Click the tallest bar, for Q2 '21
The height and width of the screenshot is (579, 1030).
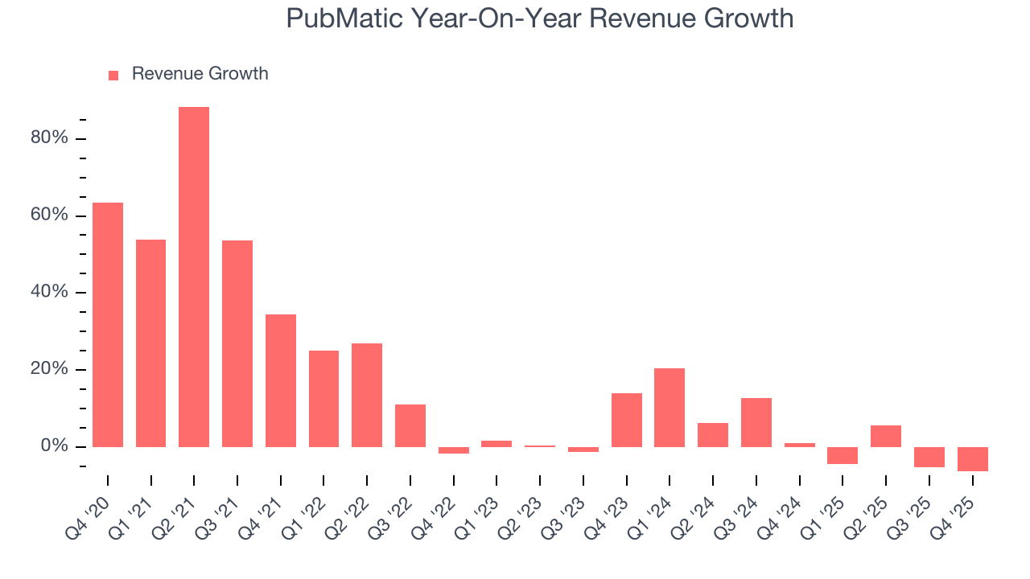point(194,277)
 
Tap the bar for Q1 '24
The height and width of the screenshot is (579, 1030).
point(669,407)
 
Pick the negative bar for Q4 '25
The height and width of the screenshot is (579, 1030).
point(972,458)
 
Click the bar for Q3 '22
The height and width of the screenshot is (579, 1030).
point(410,425)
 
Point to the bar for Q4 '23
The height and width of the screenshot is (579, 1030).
point(626,420)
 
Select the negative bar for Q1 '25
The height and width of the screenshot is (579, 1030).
point(843,455)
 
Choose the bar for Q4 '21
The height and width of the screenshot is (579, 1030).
point(281,380)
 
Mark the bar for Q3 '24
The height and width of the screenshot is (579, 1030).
point(756,422)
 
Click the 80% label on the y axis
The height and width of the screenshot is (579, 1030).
point(48,138)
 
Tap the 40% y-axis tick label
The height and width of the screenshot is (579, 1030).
point(48,293)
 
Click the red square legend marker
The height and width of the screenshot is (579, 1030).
point(113,75)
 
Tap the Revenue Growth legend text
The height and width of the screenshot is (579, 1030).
point(200,74)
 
